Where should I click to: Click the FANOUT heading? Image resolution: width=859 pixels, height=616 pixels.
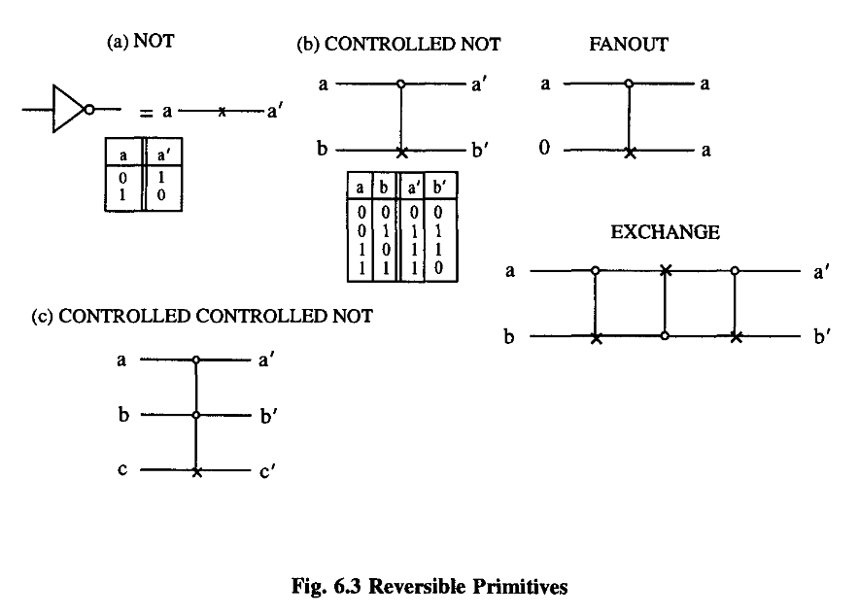[x=627, y=45]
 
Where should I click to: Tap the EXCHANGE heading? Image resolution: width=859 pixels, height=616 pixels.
[x=665, y=232]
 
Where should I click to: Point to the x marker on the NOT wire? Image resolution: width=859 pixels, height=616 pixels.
[x=223, y=113]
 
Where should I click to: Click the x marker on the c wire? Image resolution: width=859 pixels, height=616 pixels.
[x=197, y=471]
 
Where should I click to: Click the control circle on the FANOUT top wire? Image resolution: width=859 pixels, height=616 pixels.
[x=630, y=85]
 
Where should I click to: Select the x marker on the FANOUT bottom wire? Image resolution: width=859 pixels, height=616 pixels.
[x=630, y=152]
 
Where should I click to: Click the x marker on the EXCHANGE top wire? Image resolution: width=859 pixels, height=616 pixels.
[x=665, y=270]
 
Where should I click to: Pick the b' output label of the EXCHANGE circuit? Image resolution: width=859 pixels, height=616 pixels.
[x=821, y=337]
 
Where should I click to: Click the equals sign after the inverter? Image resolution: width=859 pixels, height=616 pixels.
[x=146, y=113]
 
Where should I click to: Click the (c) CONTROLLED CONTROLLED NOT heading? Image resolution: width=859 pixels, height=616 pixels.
[x=202, y=317]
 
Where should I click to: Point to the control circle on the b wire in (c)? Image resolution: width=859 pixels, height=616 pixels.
[x=197, y=416]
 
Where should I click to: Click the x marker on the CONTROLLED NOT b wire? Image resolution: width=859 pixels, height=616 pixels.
[x=400, y=152]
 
